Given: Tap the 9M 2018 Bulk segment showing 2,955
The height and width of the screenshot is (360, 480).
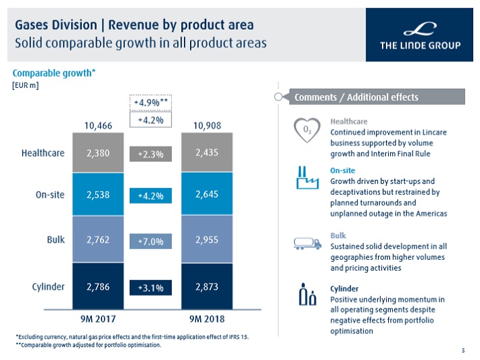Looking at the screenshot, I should [x=206, y=240].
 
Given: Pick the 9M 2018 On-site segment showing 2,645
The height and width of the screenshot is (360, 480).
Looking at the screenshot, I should [x=206, y=195].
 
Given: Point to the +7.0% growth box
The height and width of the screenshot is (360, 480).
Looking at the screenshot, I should [x=151, y=241].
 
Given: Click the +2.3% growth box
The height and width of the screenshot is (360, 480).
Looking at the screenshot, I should [x=151, y=154].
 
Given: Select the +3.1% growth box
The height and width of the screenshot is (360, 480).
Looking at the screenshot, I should [x=151, y=288].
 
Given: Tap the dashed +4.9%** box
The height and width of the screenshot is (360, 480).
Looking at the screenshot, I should [x=151, y=102].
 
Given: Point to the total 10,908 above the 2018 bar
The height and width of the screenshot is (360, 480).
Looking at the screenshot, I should [x=207, y=125].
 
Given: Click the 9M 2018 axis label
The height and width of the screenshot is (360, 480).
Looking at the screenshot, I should [x=207, y=318].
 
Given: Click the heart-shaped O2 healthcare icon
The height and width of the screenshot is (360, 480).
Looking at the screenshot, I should [x=307, y=129].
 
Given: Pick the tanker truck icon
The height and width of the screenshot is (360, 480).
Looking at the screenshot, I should [x=307, y=243].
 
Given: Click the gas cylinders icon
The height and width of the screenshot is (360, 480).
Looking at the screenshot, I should [x=307, y=296].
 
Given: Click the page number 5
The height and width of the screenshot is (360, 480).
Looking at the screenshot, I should [x=463, y=350].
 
